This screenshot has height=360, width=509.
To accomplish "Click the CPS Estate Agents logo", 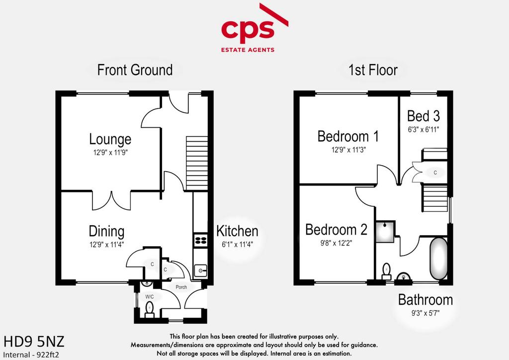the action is [254, 28].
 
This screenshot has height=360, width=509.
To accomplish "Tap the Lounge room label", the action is [110, 139].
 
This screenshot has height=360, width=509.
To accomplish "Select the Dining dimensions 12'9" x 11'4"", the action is [106, 245].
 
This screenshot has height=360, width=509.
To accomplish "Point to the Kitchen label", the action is [237, 231].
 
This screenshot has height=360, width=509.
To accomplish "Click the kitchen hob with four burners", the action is [200, 240].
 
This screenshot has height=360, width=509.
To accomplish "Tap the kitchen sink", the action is [200, 270].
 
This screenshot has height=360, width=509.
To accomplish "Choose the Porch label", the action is [181, 287].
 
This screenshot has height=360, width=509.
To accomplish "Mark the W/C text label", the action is [149, 297].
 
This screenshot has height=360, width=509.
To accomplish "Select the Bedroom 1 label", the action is [348, 136].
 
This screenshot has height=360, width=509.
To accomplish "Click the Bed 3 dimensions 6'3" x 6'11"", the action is [424, 129].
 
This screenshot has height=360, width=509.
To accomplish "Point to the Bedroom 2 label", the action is [336, 230].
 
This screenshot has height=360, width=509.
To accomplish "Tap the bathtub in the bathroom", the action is [438, 259].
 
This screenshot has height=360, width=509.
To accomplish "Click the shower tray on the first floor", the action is [385, 232].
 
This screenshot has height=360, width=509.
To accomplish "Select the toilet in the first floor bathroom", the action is [386, 271].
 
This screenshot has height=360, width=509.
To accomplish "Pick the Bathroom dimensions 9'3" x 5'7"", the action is [425, 313].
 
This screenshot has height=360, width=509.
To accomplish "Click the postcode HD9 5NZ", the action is [34, 342].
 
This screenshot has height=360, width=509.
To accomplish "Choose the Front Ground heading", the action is [135, 70].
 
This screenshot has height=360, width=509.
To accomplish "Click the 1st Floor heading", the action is [373, 70].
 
